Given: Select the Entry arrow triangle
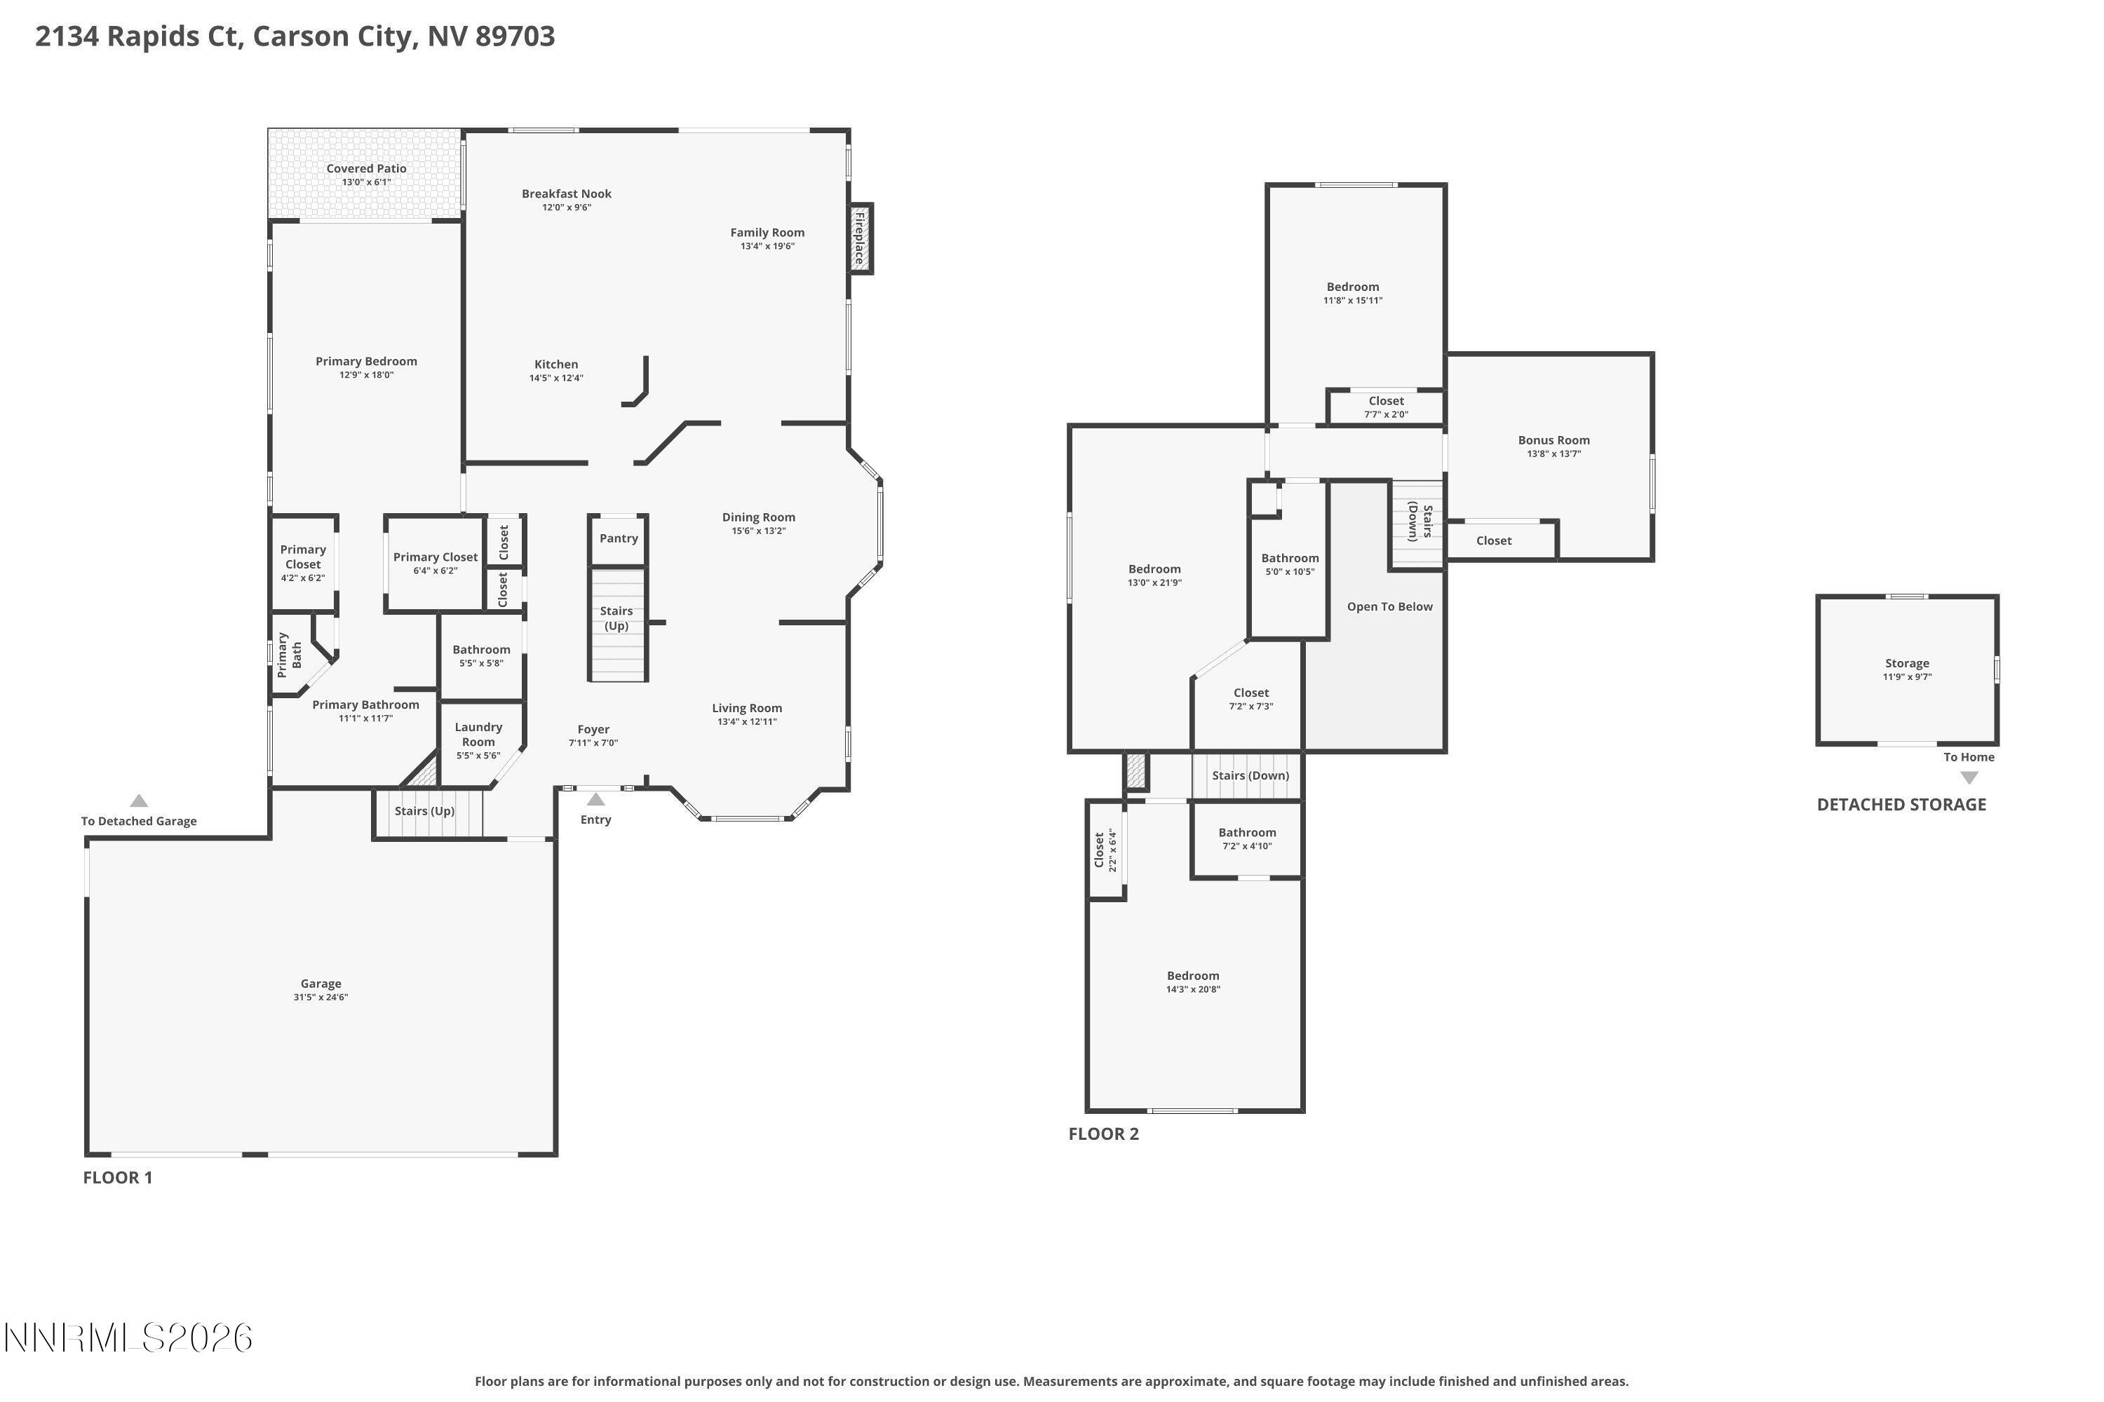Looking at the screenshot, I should [x=595, y=799].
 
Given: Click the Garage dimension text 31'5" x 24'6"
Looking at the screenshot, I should [x=321, y=997].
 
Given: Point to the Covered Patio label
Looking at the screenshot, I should [x=366, y=168].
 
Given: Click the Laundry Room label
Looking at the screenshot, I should [x=478, y=734].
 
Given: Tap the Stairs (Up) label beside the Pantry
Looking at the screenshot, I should [x=616, y=618].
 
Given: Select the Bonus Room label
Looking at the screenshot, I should [x=1554, y=440].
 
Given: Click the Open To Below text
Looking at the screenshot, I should [x=1389, y=606].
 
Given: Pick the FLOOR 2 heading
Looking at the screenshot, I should [x=1103, y=1134].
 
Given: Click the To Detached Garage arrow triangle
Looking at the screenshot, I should [x=139, y=801].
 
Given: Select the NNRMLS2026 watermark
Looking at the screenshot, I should [x=128, y=1338].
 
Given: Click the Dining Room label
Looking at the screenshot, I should [x=759, y=517].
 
